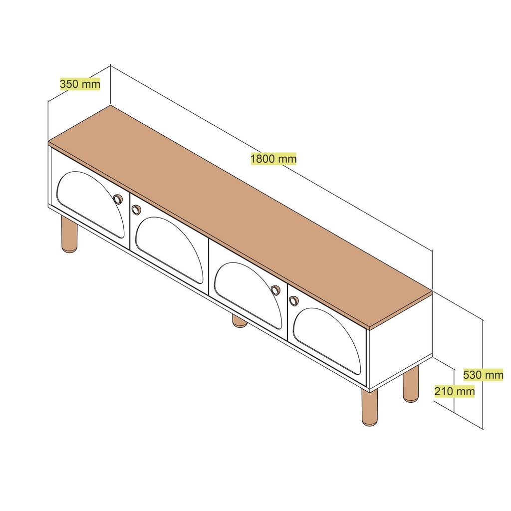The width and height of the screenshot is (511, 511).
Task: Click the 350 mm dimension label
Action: (80, 84)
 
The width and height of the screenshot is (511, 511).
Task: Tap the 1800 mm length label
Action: (273, 159)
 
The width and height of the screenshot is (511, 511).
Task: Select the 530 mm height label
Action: (483, 375)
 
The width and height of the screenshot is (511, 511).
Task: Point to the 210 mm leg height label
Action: (455, 391)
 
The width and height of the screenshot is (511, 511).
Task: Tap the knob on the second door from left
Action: (136, 210)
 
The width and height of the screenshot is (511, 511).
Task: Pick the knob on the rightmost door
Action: (293, 301)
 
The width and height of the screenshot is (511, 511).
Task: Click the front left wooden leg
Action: (69, 235)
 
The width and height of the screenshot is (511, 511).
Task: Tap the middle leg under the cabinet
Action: (240, 321)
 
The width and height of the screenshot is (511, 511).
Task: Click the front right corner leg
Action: (370, 407)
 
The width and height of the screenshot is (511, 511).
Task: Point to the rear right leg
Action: (411, 384)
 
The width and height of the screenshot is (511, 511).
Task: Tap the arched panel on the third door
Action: (248, 295)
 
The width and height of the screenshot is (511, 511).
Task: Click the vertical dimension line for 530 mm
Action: (483, 374)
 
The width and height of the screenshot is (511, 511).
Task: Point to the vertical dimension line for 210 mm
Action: (454, 390)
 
